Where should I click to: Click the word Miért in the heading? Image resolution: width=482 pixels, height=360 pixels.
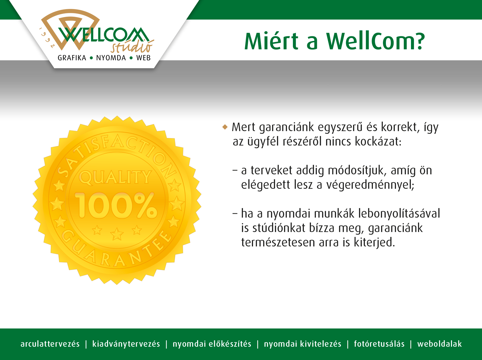[272, 41]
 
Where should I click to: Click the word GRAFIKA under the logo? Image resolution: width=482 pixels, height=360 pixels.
[72, 58]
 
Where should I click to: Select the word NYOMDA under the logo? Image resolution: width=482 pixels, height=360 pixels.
[111, 58]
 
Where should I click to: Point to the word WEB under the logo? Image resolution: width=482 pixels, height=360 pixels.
[143, 58]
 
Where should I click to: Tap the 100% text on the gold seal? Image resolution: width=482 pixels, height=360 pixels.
[116, 206]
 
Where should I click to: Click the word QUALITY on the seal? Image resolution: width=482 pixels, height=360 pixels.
[115, 177]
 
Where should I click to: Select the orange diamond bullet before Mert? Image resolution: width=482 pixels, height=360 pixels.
[225, 127]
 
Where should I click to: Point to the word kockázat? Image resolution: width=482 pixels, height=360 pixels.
[378, 141]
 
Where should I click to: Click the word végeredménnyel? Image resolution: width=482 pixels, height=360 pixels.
[370, 185]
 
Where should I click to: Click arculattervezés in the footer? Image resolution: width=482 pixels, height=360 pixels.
[50, 344]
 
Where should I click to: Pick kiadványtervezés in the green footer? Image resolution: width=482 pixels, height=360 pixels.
[126, 344]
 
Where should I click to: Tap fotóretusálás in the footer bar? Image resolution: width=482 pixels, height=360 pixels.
[379, 344]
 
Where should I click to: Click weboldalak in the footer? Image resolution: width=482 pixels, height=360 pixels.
[439, 344]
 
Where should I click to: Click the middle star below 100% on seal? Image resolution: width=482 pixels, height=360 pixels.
[117, 234]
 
